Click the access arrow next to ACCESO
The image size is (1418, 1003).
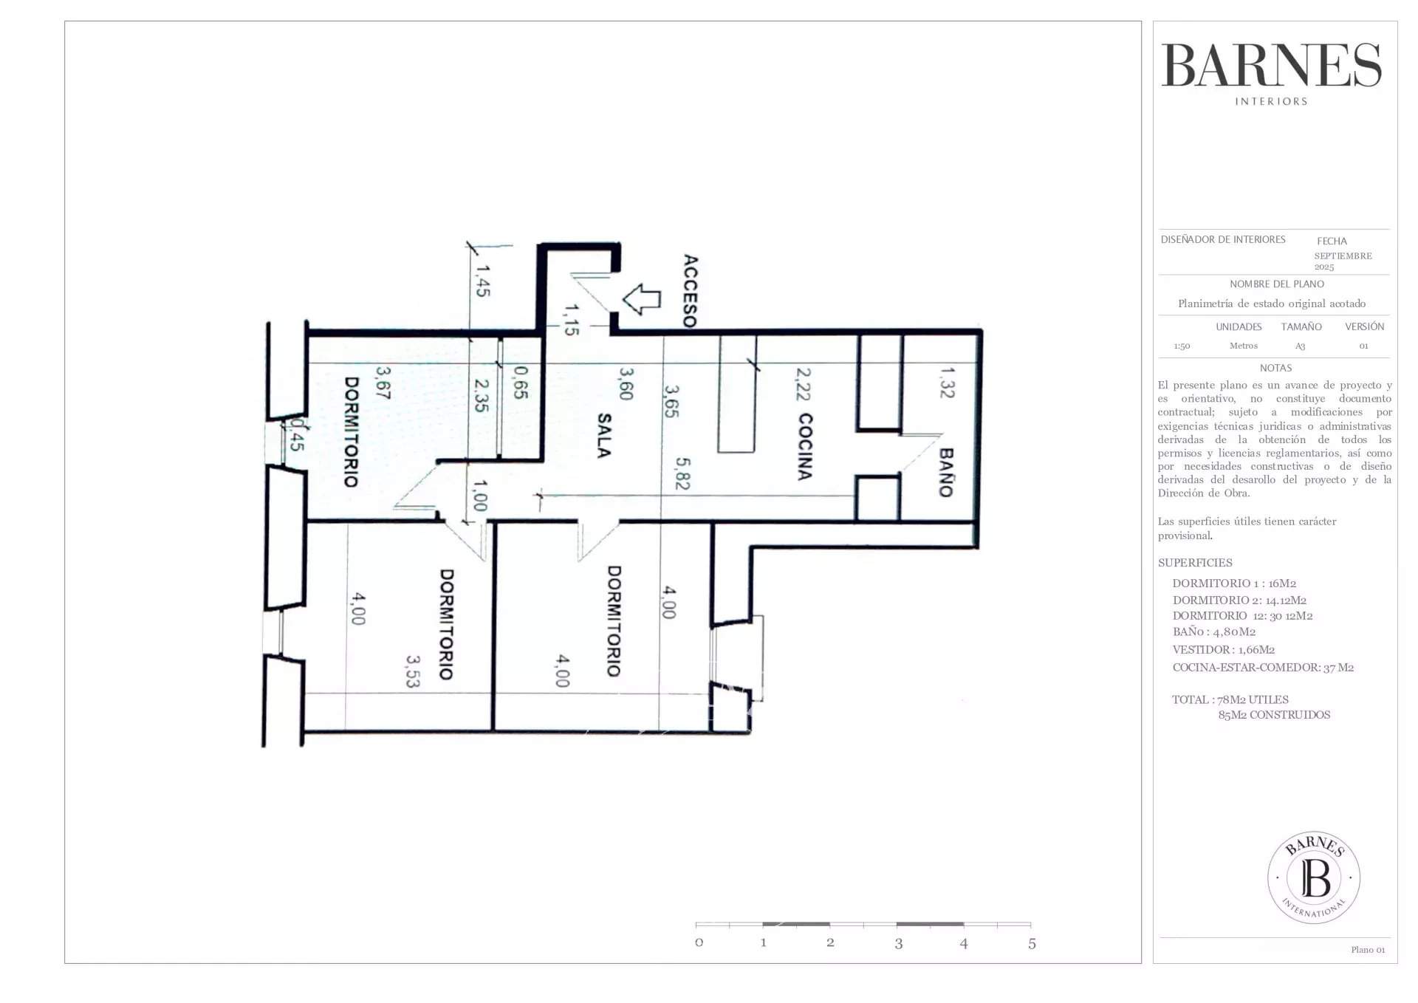[x=642, y=299]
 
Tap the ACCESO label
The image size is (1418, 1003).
[x=690, y=291]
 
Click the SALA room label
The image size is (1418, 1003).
[x=603, y=436]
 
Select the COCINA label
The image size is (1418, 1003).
[x=805, y=447]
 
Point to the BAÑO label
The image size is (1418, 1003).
[x=945, y=473]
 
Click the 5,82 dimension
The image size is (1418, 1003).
[x=682, y=473]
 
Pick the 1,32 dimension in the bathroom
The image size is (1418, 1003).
[x=947, y=383]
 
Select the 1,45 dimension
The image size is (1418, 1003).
[x=482, y=281]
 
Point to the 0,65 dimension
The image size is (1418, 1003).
[x=520, y=383]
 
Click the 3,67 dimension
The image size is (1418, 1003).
[x=382, y=383]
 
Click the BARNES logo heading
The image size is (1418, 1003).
[x=1271, y=66]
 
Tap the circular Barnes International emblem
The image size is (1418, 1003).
[x=1314, y=877]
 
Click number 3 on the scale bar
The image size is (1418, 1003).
[x=898, y=944]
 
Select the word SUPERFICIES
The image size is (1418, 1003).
[x=1195, y=563]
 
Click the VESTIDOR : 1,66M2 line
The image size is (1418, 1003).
[x=1223, y=650]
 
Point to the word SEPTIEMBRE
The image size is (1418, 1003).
[x=1343, y=256]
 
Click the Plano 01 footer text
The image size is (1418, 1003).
[x=1368, y=950]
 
